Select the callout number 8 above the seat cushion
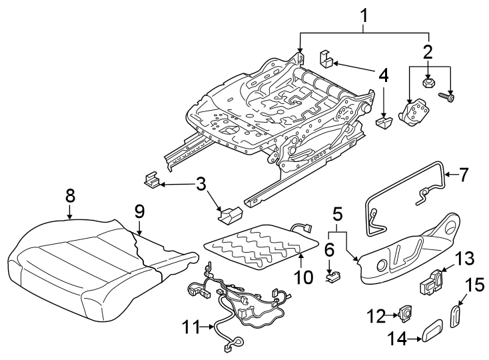pyautogui.click(x=70, y=195)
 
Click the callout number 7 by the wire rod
pyautogui.click(x=464, y=175)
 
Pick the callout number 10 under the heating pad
pyautogui.click(x=303, y=275)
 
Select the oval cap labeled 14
pyautogui.click(x=436, y=331)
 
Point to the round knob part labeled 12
pyautogui.click(x=406, y=311)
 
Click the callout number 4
pyautogui.click(x=383, y=75)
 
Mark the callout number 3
pyautogui.click(x=200, y=183)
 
